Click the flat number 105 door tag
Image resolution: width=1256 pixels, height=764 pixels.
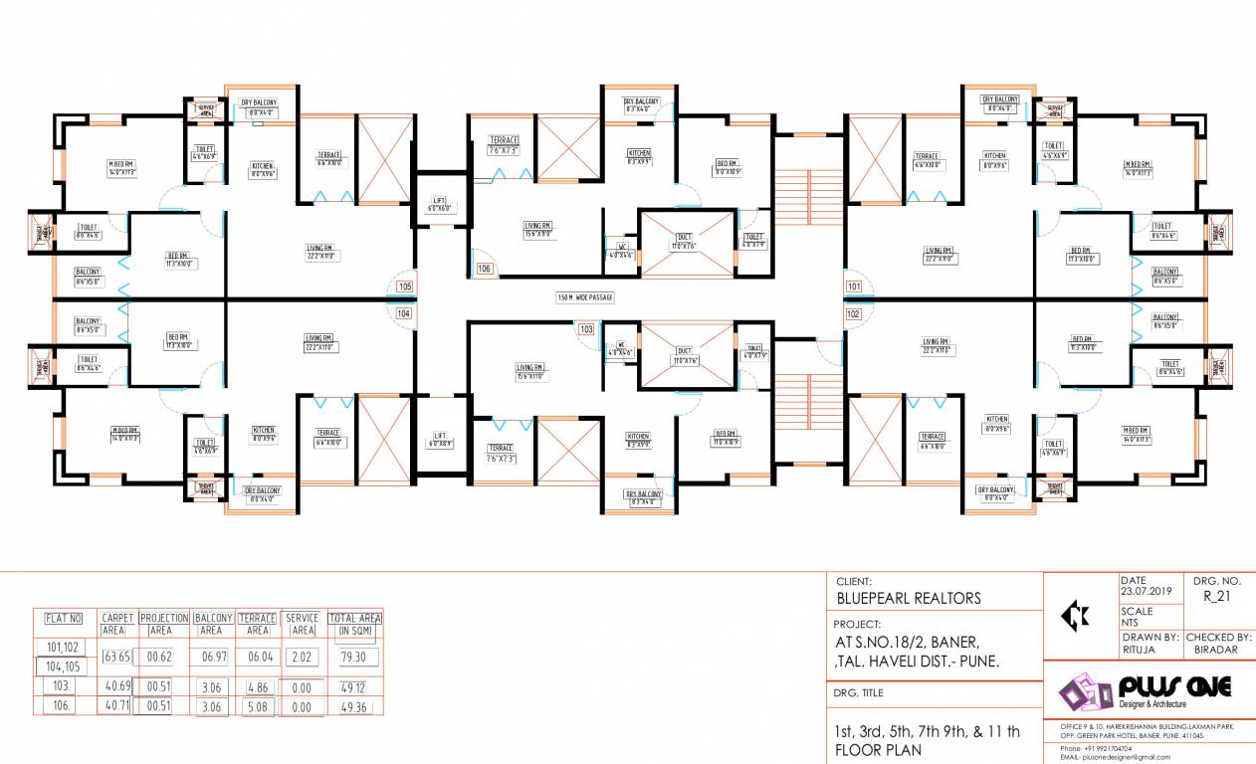click(x=404, y=286)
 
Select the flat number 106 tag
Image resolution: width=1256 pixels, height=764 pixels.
click(x=485, y=269)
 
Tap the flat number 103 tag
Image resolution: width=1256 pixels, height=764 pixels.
click(x=586, y=328)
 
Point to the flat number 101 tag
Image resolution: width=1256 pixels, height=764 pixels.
click(x=853, y=286)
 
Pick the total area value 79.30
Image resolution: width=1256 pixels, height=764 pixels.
click(x=352, y=658)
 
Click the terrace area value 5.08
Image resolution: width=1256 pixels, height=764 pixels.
click(x=257, y=707)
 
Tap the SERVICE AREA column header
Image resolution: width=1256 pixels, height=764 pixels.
click(x=302, y=624)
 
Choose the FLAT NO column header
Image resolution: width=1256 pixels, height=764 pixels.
click(x=63, y=619)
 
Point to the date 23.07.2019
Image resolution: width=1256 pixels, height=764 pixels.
click(x=1147, y=591)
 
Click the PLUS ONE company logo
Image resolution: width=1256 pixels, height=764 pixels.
click(x=1145, y=689)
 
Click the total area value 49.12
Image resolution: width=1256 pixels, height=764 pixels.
click(x=352, y=687)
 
